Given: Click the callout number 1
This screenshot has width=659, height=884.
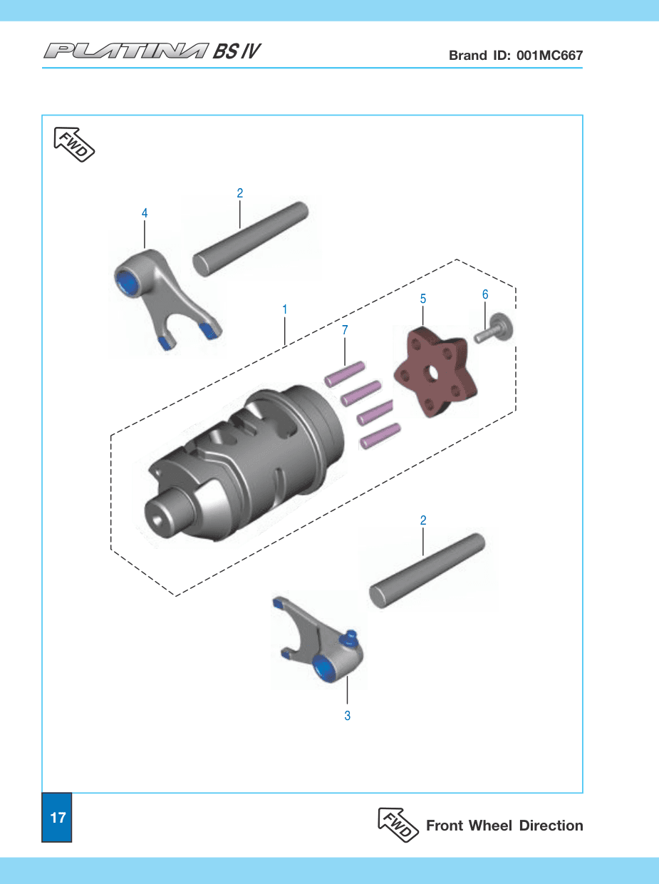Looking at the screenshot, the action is pos(285,309).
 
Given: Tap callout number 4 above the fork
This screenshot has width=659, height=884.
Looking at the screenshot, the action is pos(145,213).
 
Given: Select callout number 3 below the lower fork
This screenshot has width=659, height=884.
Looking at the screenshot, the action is pos(348,716).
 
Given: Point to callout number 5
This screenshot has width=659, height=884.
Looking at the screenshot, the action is pos(423,299).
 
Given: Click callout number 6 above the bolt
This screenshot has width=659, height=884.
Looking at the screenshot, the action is pos(485,294).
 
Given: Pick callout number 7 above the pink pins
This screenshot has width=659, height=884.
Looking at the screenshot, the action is pos(345,330).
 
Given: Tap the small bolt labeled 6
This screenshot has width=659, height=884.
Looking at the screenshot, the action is pos(493,329).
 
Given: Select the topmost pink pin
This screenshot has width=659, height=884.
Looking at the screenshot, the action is pos(345,374).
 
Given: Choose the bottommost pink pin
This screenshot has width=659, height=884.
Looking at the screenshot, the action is pos(380,436).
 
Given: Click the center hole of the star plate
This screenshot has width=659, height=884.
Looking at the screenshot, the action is pos(432,374).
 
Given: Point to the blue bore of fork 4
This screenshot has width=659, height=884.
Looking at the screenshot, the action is pos(127,281).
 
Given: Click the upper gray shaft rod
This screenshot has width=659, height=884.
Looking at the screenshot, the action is pos(250,240).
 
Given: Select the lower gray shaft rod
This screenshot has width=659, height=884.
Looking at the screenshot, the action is pos(427,571).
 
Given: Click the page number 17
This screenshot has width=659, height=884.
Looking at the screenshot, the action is pos(58,818).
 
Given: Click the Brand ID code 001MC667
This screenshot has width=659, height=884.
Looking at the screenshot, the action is pos(549,55).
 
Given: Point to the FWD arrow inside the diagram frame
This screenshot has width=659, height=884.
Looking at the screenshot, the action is pos(74,145).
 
